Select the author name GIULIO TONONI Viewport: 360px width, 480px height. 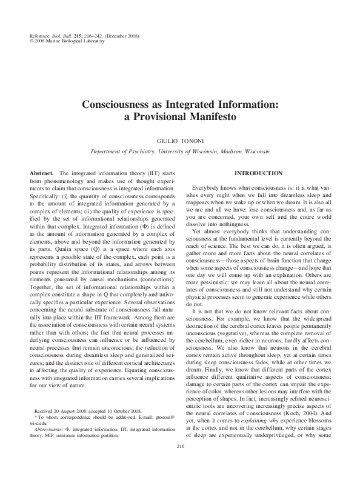click(180, 138)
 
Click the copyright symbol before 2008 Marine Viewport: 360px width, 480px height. click(31, 43)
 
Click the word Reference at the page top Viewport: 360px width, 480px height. click(40, 37)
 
